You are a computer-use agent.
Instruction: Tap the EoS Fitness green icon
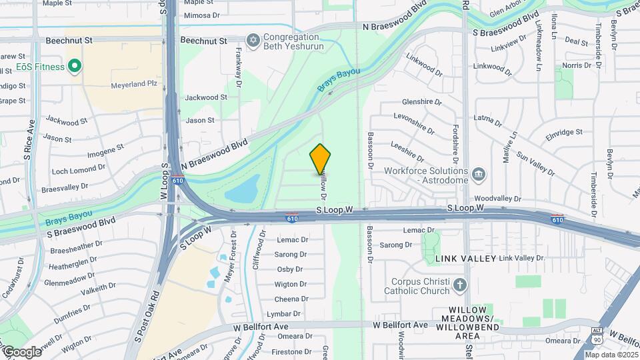click(x=75, y=67)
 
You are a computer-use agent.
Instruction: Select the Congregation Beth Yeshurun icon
click(x=253, y=41)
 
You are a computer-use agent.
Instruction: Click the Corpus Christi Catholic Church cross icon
click(x=459, y=286)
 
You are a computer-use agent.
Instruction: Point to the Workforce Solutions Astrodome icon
click(x=478, y=175)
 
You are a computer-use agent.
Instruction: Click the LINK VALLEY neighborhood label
click(x=466, y=258)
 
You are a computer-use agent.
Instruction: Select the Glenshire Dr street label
click(x=422, y=102)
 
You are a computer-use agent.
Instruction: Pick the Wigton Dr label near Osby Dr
click(x=291, y=284)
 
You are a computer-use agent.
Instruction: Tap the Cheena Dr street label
click(x=291, y=299)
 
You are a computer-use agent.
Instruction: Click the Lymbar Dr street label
click(x=289, y=313)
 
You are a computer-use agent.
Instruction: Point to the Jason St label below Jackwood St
click(x=200, y=121)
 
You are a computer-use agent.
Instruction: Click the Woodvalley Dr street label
click(x=497, y=199)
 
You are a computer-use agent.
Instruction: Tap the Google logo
click(x=21, y=351)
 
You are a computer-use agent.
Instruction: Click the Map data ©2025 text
click(x=610, y=355)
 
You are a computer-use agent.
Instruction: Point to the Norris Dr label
click(x=577, y=65)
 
